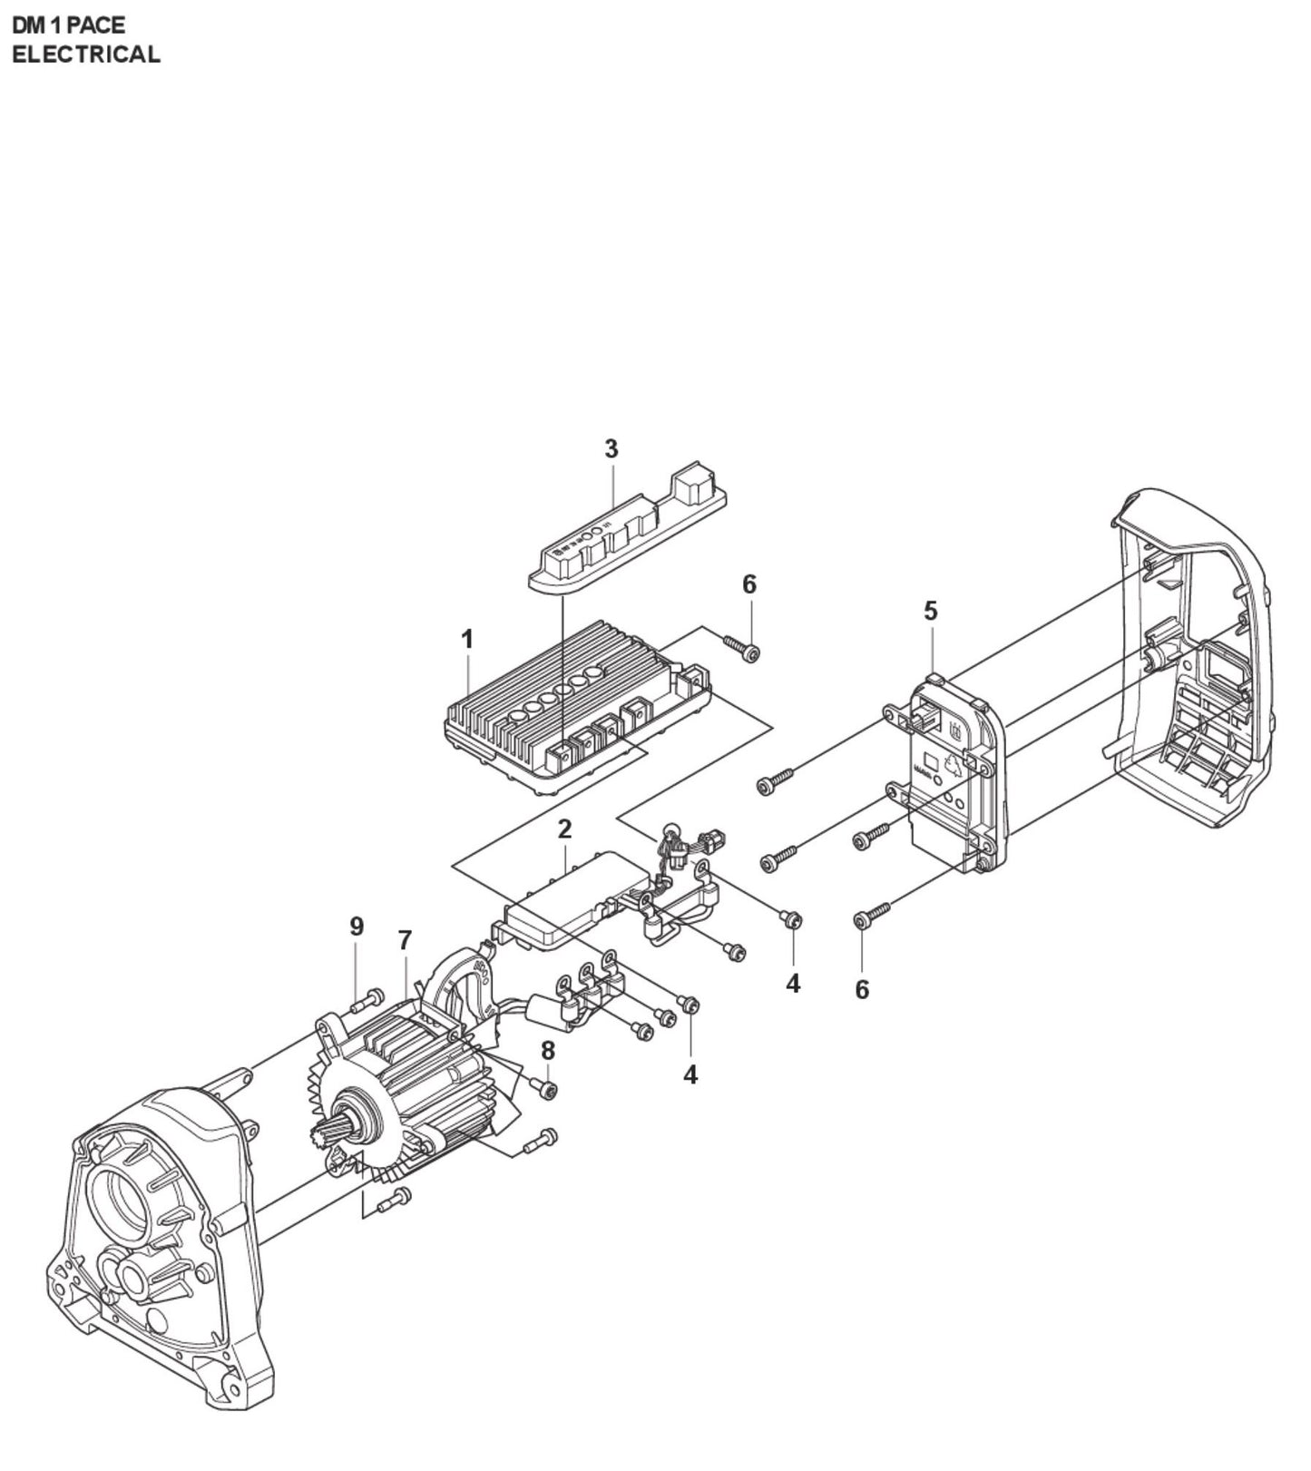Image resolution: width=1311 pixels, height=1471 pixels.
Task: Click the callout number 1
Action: tap(467, 640)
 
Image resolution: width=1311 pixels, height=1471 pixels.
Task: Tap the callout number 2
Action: tap(565, 829)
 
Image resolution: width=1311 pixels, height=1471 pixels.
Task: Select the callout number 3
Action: tap(611, 448)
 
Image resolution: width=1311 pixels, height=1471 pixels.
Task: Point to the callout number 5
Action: tap(931, 611)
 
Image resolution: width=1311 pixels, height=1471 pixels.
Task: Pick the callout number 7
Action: tap(406, 940)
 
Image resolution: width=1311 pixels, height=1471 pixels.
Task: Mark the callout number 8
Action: tap(547, 1051)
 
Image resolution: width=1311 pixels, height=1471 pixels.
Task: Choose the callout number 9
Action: tap(357, 927)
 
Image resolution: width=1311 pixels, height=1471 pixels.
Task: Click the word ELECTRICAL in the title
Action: tap(85, 54)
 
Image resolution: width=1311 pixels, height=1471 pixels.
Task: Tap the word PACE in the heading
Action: tap(95, 25)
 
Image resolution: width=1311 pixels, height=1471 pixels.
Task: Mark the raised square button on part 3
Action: tap(691, 485)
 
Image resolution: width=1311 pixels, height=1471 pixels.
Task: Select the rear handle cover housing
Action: tap(1189, 672)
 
